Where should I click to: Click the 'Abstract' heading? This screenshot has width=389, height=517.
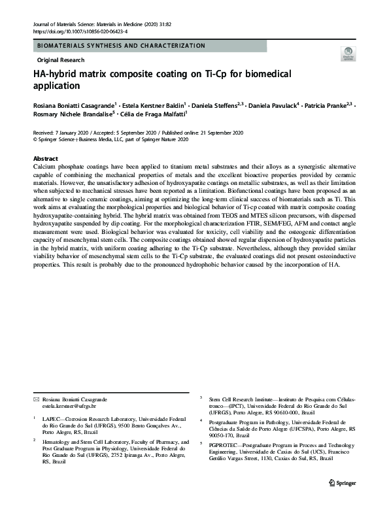click(x=45, y=159)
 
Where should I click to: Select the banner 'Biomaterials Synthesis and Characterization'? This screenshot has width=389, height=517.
click(x=122, y=46)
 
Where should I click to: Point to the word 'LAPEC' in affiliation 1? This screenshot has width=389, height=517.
click(x=52, y=416)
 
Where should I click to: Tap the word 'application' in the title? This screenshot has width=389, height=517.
click(x=56, y=86)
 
